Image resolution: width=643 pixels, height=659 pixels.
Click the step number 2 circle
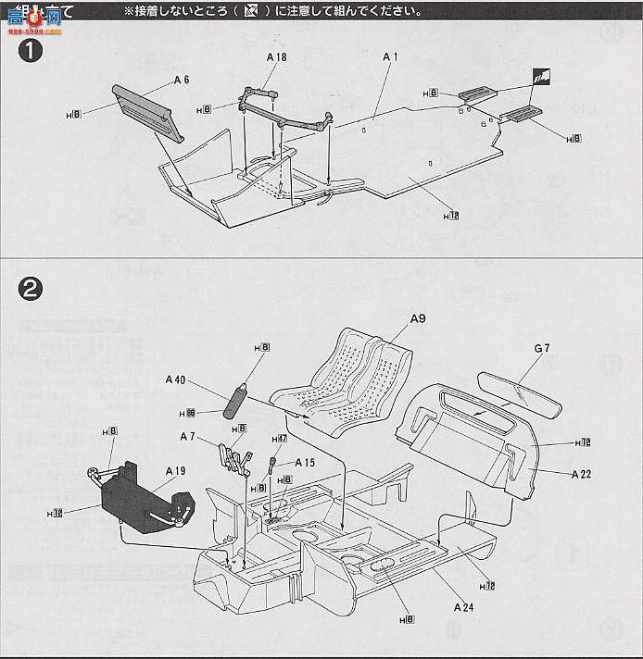pyautogui.click(x=31, y=288)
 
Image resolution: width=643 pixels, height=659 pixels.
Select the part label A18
pyautogui.click(x=276, y=57)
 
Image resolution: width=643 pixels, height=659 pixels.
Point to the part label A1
pyautogui.click(x=390, y=57)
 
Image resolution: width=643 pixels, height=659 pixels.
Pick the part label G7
pyautogui.click(x=542, y=348)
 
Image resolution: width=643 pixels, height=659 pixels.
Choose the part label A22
pyautogui.click(x=582, y=473)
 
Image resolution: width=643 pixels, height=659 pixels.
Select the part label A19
pyautogui.click(x=175, y=471)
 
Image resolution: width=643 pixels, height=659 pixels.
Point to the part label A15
pyautogui.click(x=305, y=463)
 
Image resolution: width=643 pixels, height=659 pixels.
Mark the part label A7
pyautogui.click(x=187, y=436)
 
